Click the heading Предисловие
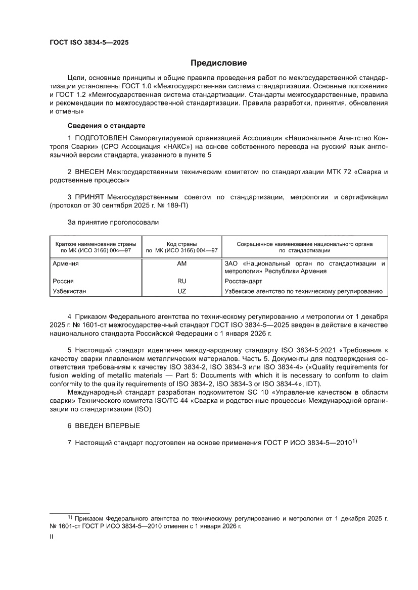(218, 63)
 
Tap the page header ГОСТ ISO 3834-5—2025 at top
(89, 43)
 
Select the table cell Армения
(66, 263)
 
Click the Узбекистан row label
(70, 291)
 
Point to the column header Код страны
(181, 244)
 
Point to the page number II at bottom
(51, 538)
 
